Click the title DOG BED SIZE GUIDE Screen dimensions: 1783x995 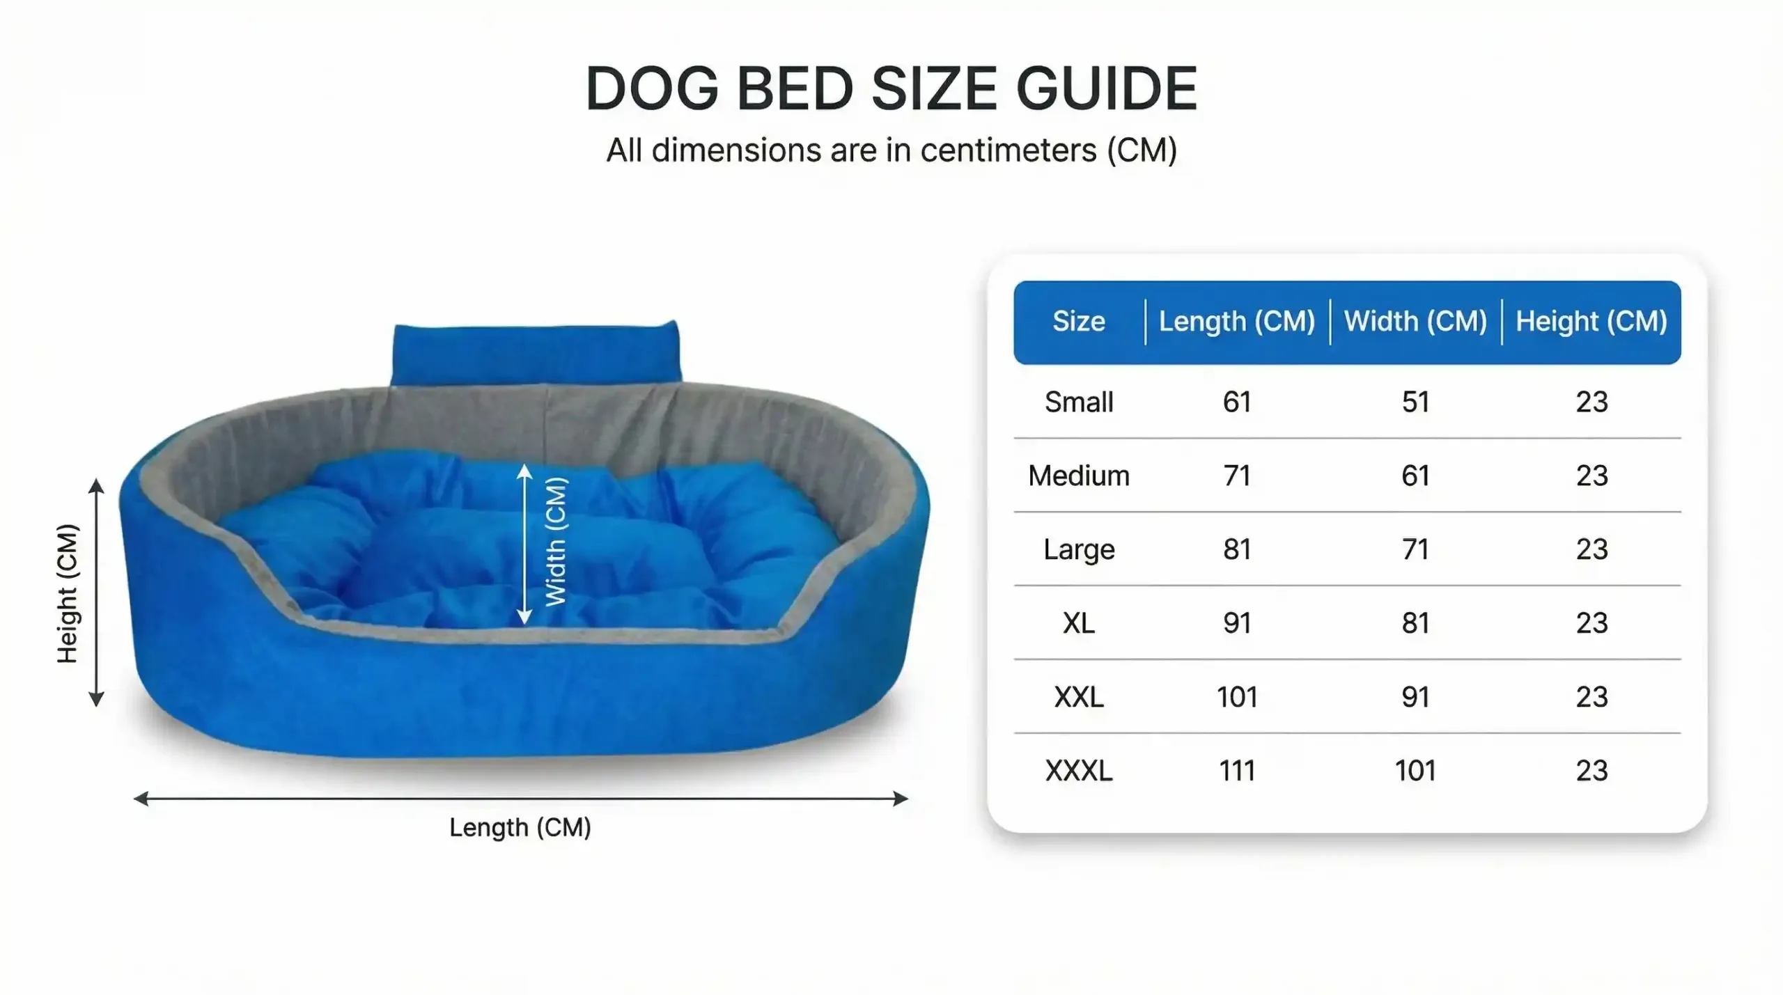[891, 88]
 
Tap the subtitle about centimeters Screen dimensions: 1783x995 [891, 150]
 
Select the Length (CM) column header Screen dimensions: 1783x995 [1237, 322]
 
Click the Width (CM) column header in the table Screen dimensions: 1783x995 [1415, 322]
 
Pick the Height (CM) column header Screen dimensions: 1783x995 [1591, 322]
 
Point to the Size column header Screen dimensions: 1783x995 [1079, 321]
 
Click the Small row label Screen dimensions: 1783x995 [1079, 402]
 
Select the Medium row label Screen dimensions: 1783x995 [1079, 476]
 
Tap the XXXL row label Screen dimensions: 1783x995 [1079, 771]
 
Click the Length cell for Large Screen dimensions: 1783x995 [1237, 549]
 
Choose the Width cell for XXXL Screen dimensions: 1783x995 [1415, 771]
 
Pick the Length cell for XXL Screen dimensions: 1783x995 [1237, 697]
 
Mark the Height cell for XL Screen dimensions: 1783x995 [1592, 623]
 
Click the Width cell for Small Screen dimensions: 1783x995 [1415, 402]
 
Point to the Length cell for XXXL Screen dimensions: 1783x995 [1237, 771]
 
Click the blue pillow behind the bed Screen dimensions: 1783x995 [536, 352]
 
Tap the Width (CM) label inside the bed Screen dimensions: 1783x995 [556, 542]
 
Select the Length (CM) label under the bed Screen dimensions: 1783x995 [520, 828]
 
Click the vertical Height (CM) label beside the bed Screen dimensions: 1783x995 [68, 593]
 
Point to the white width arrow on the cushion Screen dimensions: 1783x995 [524, 544]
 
